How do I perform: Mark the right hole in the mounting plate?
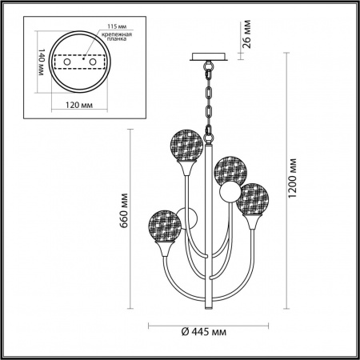(91, 62)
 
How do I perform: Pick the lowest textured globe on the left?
(162, 223)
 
